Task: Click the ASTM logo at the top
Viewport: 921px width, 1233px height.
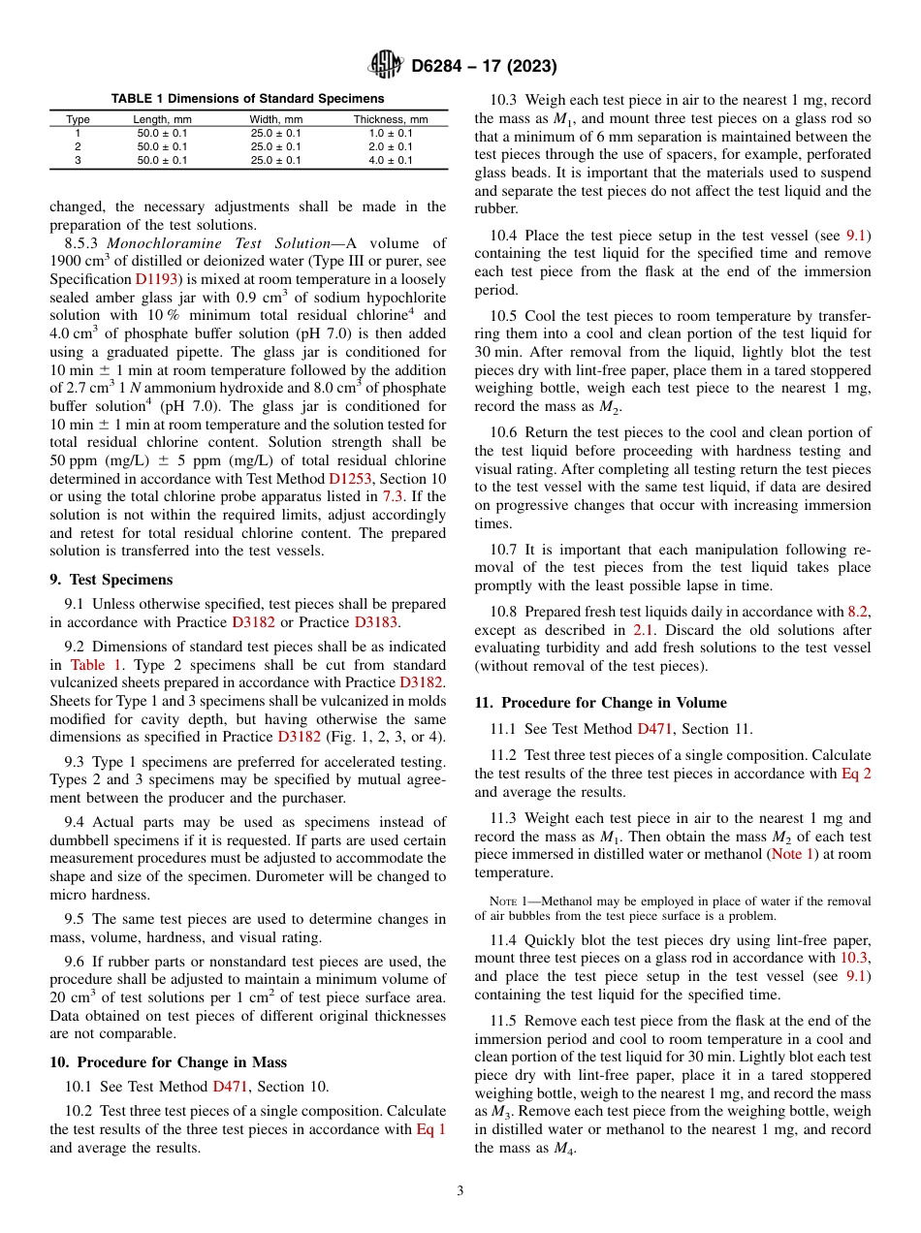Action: point(385,66)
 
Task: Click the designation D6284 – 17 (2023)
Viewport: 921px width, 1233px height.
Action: point(483,67)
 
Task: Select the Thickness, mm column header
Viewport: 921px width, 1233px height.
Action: point(383,119)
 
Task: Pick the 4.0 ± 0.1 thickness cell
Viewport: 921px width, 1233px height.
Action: point(383,160)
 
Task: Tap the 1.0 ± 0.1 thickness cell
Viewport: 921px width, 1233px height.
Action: point(383,133)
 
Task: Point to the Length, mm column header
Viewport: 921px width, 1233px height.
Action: point(162,119)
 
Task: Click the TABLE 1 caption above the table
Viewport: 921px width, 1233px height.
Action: point(247,99)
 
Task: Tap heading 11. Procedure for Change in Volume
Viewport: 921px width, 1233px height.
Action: point(600,703)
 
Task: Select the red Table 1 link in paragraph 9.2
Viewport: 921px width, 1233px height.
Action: point(96,665)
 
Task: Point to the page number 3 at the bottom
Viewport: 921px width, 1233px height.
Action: point(460,1190)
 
